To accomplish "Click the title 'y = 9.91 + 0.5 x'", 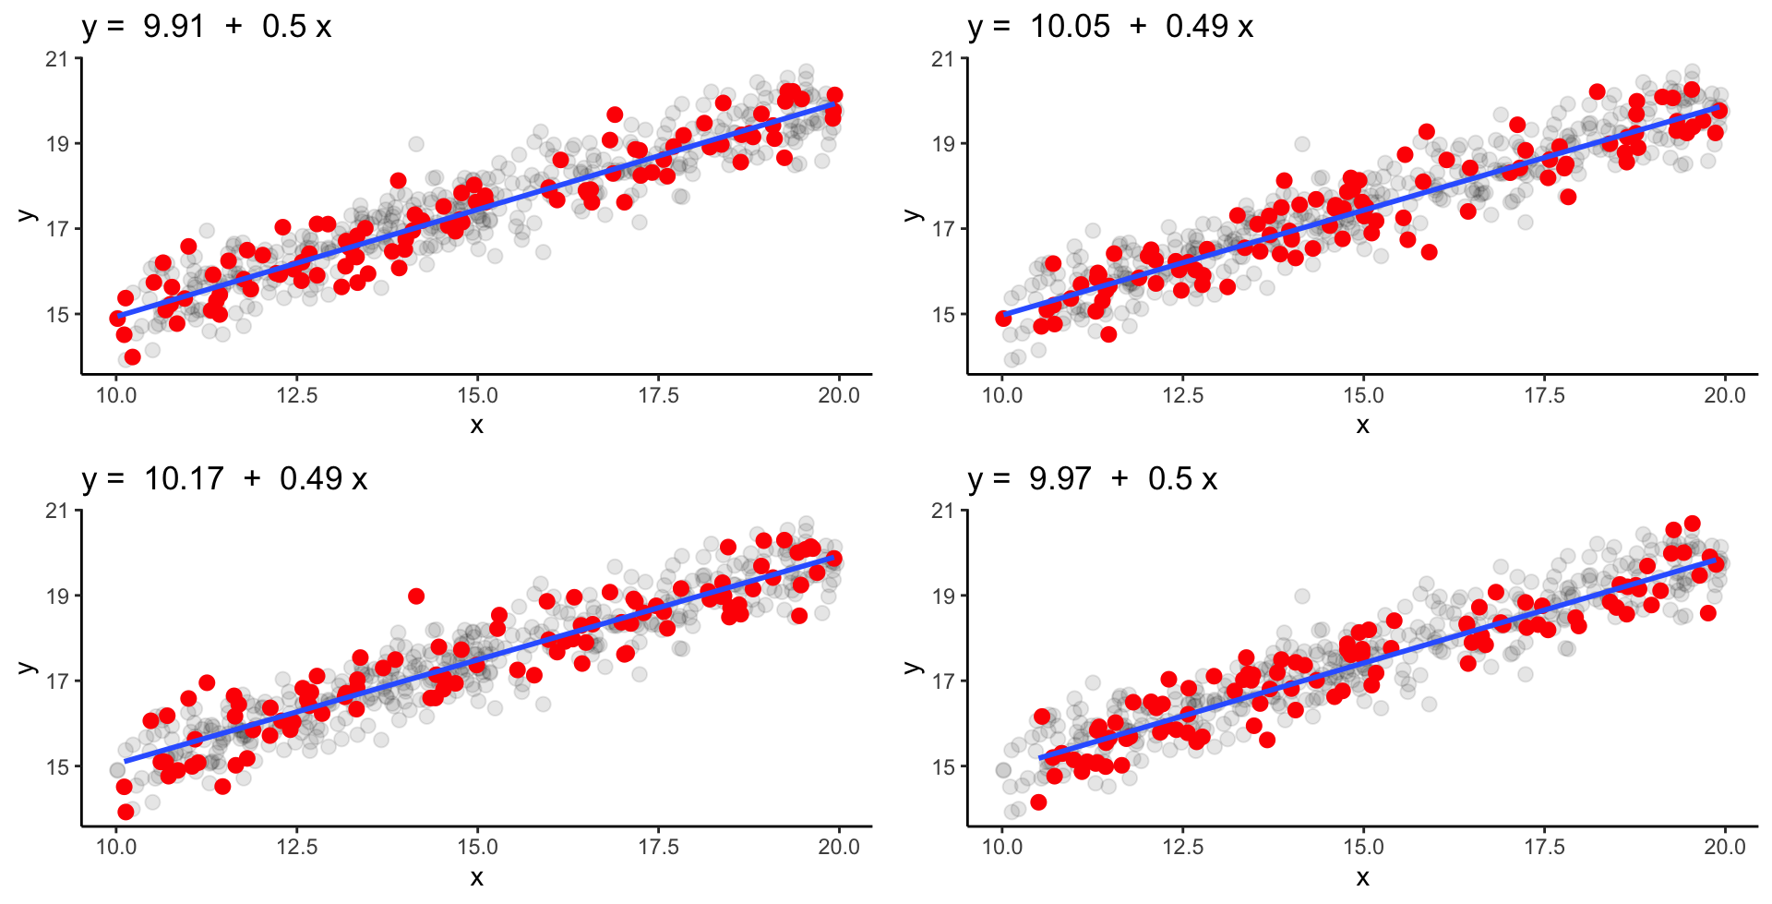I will (x=206, y=26).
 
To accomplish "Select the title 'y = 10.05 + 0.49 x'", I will (x=1110, y=26).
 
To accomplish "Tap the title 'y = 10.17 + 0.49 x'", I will (x=224, y=478).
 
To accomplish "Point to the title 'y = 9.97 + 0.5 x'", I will (x=1093, y=478).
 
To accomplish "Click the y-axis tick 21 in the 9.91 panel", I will (x=57, y=59).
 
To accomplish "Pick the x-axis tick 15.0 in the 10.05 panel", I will (x=1363, y=396).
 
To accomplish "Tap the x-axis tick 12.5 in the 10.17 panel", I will (x=296, y=848).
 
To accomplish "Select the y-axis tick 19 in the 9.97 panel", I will (x=943, y=597).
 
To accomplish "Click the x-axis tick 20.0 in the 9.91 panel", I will (x=838, y=396).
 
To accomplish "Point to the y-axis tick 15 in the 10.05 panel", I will (x=943, y=315).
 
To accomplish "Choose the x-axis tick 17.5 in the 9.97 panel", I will (x=1544, y=848).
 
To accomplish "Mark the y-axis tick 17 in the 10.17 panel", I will (x=57, y=681).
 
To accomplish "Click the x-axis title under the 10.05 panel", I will (x=1363, y=425).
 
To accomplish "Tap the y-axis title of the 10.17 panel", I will (x=26, y=668).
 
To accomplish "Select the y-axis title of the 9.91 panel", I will (x=26, y=215).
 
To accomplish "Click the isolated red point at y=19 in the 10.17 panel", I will (x=416, y=597).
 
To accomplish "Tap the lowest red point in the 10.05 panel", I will (x=1108, y=334).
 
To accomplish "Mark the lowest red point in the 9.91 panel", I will (x=132, y=356).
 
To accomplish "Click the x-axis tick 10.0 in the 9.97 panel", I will (x=1002, y=848).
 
